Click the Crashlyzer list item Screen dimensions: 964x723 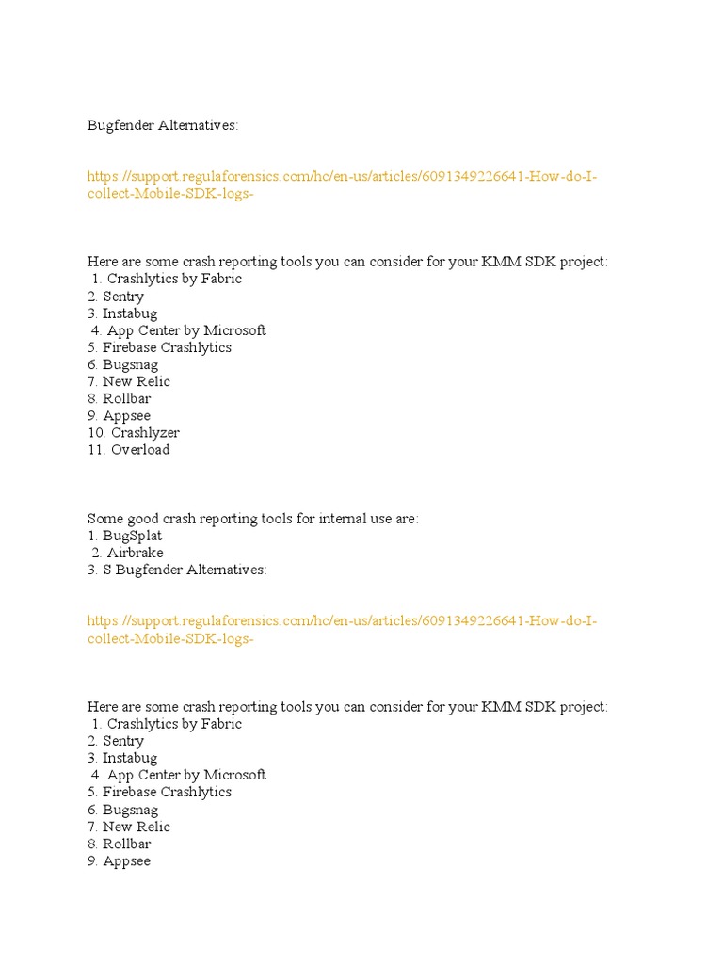[x=145, y=433]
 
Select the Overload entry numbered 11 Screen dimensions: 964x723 [x=140, y=450]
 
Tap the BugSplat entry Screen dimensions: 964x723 [x=132, y=536]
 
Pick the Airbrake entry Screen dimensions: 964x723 [x=135, y=553]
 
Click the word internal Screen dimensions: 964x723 [x=344, y=519]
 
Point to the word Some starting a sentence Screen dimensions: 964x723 [x=104, y=519]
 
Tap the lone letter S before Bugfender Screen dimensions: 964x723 [x=107, y=570]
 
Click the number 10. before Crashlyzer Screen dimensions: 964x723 [x=97, y=433]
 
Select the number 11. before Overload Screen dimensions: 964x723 [x=97, y=450]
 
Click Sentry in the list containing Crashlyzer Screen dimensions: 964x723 [x=123, y=297]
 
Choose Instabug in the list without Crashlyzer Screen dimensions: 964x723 [x=130, y=758]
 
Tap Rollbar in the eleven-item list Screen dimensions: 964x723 [x=127, y=399]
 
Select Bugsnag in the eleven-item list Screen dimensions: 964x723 [x=130, y=365]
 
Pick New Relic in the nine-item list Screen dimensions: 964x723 [x=136, y=827]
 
